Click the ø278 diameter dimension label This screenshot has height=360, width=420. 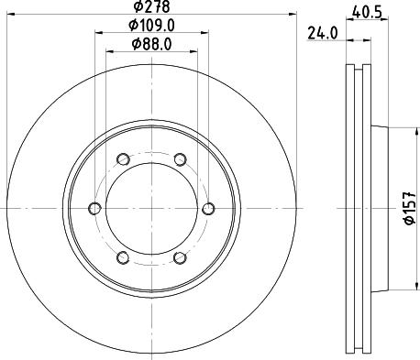tap(151, 8)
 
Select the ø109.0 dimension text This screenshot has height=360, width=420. tap(151, 27)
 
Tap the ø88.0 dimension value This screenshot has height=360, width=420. tap(151, 44)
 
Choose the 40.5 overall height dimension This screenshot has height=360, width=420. tap(367, 12)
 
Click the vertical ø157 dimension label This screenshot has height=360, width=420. tap(409, 209)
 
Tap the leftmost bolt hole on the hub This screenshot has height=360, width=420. tap(95, 209)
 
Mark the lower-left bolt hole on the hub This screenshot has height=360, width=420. tap(124, 258)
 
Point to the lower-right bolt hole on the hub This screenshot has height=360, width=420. tap(180, 258)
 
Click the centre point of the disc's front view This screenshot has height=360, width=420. tap(151, 209)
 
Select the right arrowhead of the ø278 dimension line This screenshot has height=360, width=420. tap(296, 16)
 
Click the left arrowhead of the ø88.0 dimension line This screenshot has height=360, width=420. tap(110, 51)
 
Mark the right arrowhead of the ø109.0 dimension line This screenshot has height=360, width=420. tap(204, 35)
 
